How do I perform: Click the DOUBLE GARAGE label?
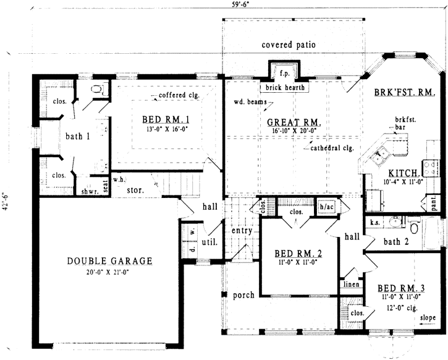[x=109, y=260]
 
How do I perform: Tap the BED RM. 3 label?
[x=400, y=288]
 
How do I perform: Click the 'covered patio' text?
[x=288, y=45]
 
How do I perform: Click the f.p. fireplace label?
[x=283, y=70]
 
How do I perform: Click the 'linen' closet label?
[x=348, y=285]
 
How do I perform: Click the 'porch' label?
[x=243, y=295]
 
